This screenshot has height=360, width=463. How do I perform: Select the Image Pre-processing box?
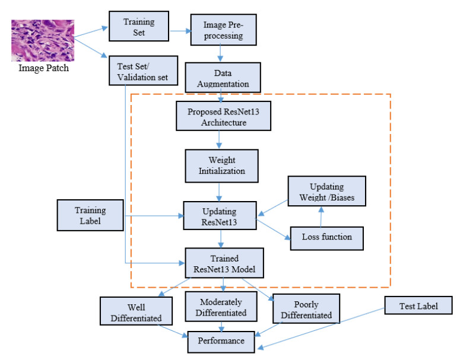coord(223,32)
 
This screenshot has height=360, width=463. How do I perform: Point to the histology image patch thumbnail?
coord(36,40)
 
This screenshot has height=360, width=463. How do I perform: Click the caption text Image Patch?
coord(36,68)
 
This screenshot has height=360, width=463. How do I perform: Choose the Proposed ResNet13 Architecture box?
coord(224,116)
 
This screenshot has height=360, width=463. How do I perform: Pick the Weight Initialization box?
coord(222,165)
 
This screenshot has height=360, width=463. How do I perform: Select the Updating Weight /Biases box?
coord(326,192)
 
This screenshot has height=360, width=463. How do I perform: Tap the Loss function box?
coord(326,237)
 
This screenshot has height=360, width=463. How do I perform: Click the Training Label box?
coord(90,215)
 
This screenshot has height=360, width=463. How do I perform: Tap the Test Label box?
coord(418,306)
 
